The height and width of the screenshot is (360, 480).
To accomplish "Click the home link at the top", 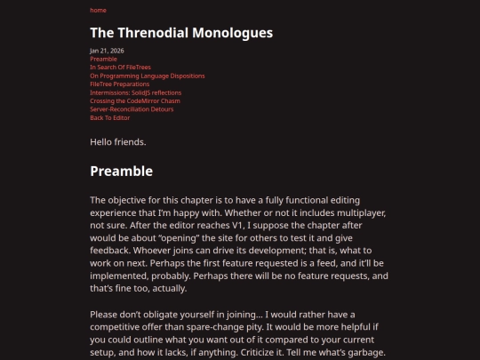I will coord(98,11).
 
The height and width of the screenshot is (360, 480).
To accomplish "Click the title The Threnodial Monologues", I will coord(180,34).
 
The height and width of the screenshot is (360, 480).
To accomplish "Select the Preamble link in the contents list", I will coord(103,59).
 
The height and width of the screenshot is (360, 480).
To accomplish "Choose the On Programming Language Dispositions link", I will coord(147,76).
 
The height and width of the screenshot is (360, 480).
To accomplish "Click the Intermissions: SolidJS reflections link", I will coord(135,92).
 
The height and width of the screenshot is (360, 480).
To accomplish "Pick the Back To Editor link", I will coord(109,118).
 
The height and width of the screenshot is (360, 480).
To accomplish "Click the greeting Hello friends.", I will coord(118,142).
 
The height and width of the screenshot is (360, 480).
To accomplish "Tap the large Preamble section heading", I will coord(121,172).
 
